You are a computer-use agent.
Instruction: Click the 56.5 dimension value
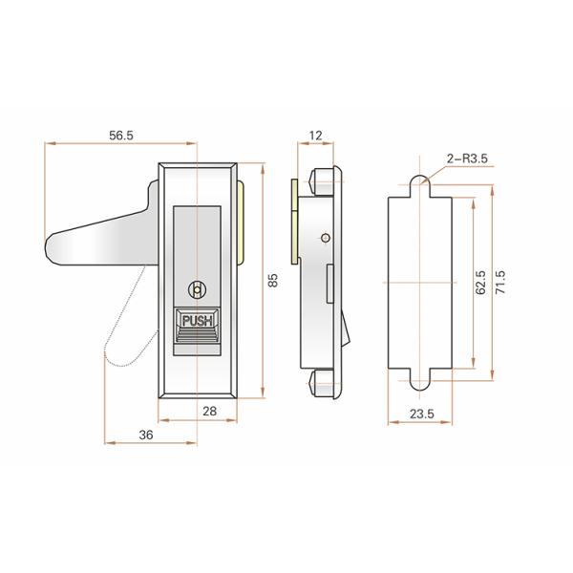point(120,137)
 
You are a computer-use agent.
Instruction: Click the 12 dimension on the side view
point(316,137)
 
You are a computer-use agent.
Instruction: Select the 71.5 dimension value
point(499,284)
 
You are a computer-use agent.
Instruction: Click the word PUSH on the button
point(199,322)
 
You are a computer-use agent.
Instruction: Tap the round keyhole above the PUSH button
point(198,289)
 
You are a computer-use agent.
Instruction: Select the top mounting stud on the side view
point(321,179)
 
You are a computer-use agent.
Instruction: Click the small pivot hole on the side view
point(326,238)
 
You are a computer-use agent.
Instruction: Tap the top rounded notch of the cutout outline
point(420,182)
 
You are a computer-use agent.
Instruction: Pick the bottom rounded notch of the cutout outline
point(420,384)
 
